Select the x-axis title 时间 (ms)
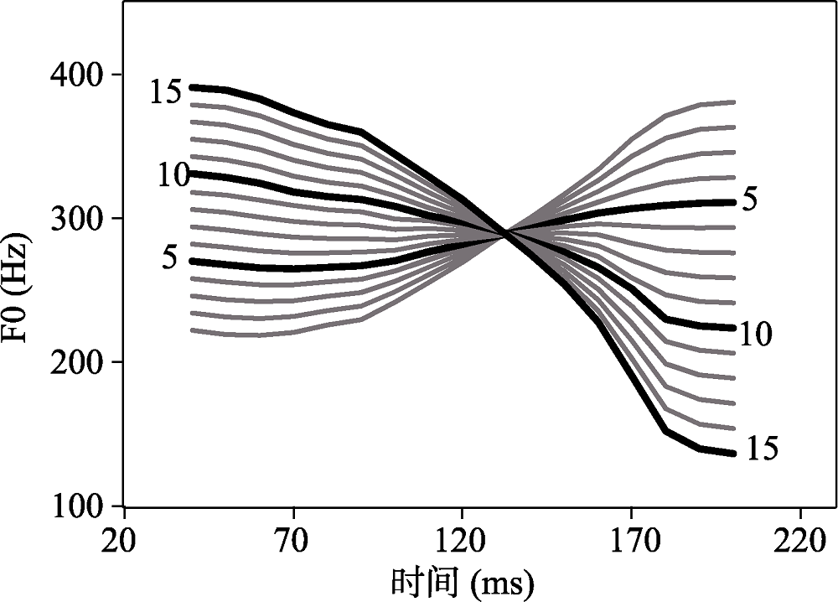coord(462,580)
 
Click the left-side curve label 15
coord(166,92)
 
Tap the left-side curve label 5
coord(170,257)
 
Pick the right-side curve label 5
coord(750,201)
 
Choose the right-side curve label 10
coord(755,335)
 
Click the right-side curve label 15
coord(761,449)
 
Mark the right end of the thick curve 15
coord(734,454)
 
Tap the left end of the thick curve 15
coord(193,86)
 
